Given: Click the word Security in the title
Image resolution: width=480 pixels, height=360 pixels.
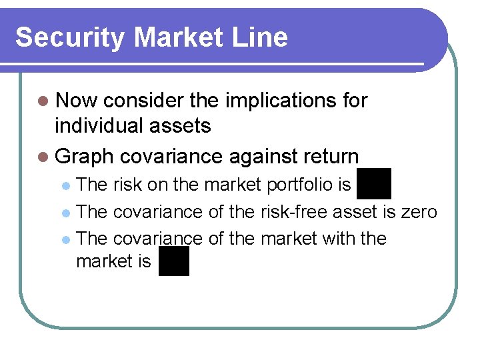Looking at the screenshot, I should pyautogui.click(x=67, y=37).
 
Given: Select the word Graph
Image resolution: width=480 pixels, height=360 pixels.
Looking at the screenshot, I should pyautogui.click(x=85, y=157).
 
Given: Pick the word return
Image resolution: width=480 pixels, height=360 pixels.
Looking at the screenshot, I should pyautogui.click(x=330, y=157).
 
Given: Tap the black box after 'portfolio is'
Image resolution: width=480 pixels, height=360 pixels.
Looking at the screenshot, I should pyautogui.click(x=373, y=183).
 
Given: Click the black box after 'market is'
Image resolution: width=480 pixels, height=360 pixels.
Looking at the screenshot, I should pyautogui.click(x=174, y=261).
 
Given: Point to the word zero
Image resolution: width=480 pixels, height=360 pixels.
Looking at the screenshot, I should pyautogui.click(x=419, y=212).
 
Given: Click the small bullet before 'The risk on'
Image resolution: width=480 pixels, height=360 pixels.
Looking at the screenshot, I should pyautogui.click(x=65, y=184).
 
